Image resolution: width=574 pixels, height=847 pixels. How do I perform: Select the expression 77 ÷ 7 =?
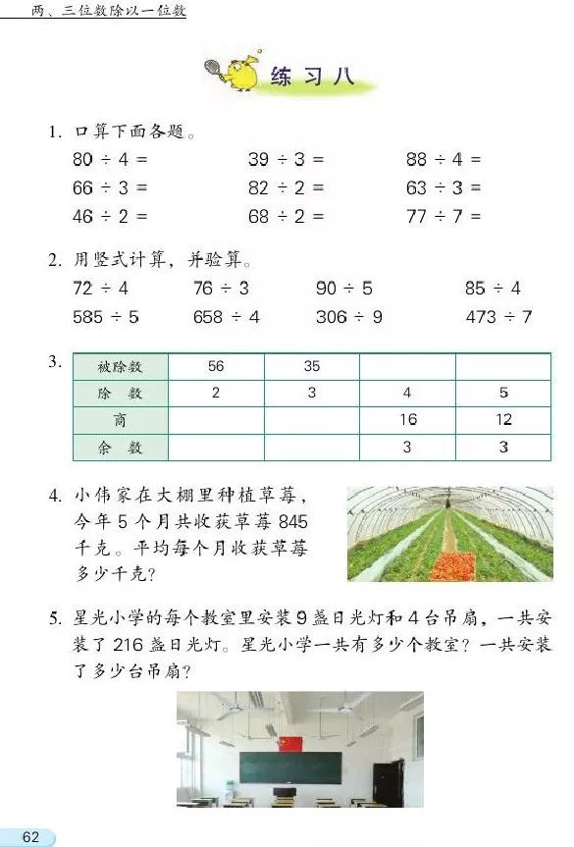444,216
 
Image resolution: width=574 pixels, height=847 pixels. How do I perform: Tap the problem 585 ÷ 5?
106,317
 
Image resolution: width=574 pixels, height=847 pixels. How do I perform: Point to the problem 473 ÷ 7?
498,317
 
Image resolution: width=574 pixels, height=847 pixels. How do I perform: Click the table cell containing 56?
216,366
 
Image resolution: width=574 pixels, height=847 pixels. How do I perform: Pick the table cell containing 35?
311,366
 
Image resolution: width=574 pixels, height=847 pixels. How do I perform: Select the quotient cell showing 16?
407,420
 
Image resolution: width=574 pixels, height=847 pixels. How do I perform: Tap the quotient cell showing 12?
503,420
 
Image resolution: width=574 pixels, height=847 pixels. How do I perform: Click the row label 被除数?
120,366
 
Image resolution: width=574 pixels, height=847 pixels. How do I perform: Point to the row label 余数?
120,447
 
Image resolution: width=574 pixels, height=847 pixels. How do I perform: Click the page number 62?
30,836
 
